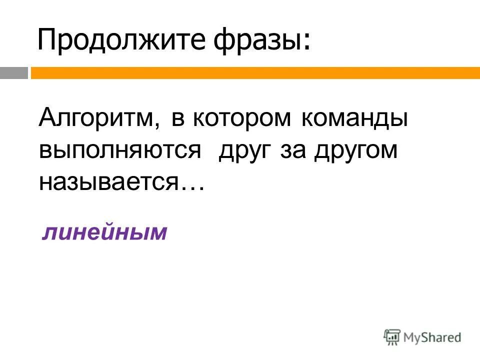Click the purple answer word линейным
coord(104,232)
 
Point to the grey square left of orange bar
coord(13,73)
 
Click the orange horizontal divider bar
coord(255,73)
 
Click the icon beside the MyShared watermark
coord(392,337)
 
